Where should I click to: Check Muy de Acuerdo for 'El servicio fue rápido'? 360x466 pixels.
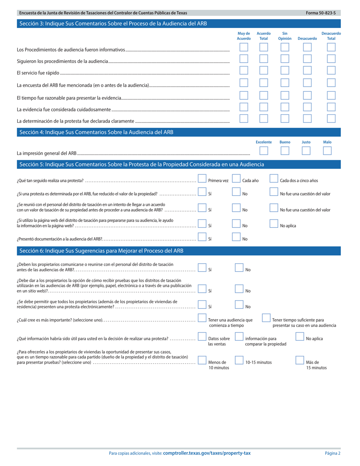point(244,70)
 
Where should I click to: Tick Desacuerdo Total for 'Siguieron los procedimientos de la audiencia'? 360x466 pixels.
point(331,59)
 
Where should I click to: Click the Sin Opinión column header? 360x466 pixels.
point(285,36)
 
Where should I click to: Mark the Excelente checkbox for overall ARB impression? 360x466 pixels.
point(264,150)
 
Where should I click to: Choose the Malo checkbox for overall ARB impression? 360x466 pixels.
point(327,150)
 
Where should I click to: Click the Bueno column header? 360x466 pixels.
point(285,142)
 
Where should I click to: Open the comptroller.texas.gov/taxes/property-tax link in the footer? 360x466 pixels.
point(207,453)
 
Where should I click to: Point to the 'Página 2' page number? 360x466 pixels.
point(332,453)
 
